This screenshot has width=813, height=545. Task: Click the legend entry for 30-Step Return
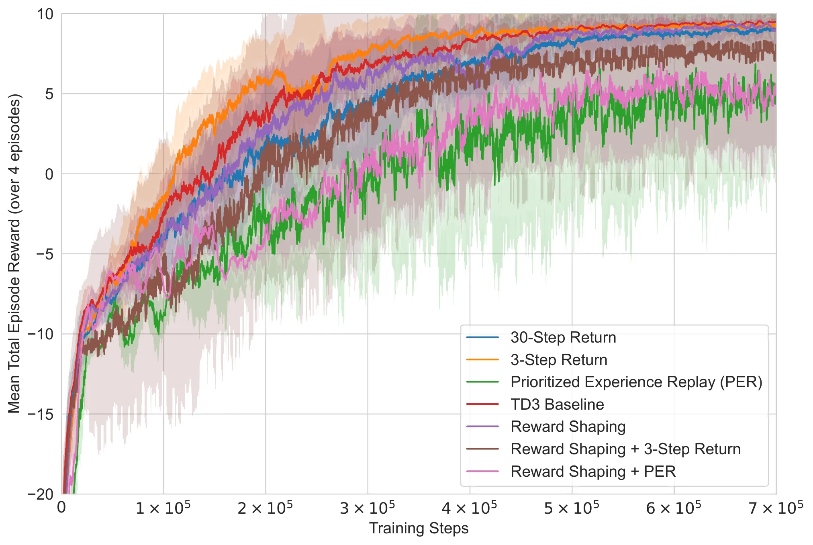[563, 337]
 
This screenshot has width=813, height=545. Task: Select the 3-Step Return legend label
[558, 360]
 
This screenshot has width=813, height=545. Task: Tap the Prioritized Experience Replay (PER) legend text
[636, 382]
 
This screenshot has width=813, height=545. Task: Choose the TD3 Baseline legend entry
[557, 404]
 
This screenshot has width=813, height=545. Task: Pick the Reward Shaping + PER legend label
[593, 472]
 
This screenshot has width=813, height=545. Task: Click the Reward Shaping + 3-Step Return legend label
[625, 449]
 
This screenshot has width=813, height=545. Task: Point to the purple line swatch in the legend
[482, 427]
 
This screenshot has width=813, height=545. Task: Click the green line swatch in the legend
[482, 382]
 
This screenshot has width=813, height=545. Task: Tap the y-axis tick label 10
[45, 14]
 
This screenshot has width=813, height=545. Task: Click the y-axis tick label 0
[49, 174]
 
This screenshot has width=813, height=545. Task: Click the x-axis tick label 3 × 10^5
[367, 508]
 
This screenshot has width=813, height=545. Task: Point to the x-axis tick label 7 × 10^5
[775, 508]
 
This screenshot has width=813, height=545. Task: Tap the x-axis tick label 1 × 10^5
[163, 508]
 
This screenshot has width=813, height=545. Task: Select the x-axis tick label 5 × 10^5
[571, 508]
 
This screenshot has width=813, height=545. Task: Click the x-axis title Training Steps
[419, 529]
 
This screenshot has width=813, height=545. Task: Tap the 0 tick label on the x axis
[61, 508]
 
